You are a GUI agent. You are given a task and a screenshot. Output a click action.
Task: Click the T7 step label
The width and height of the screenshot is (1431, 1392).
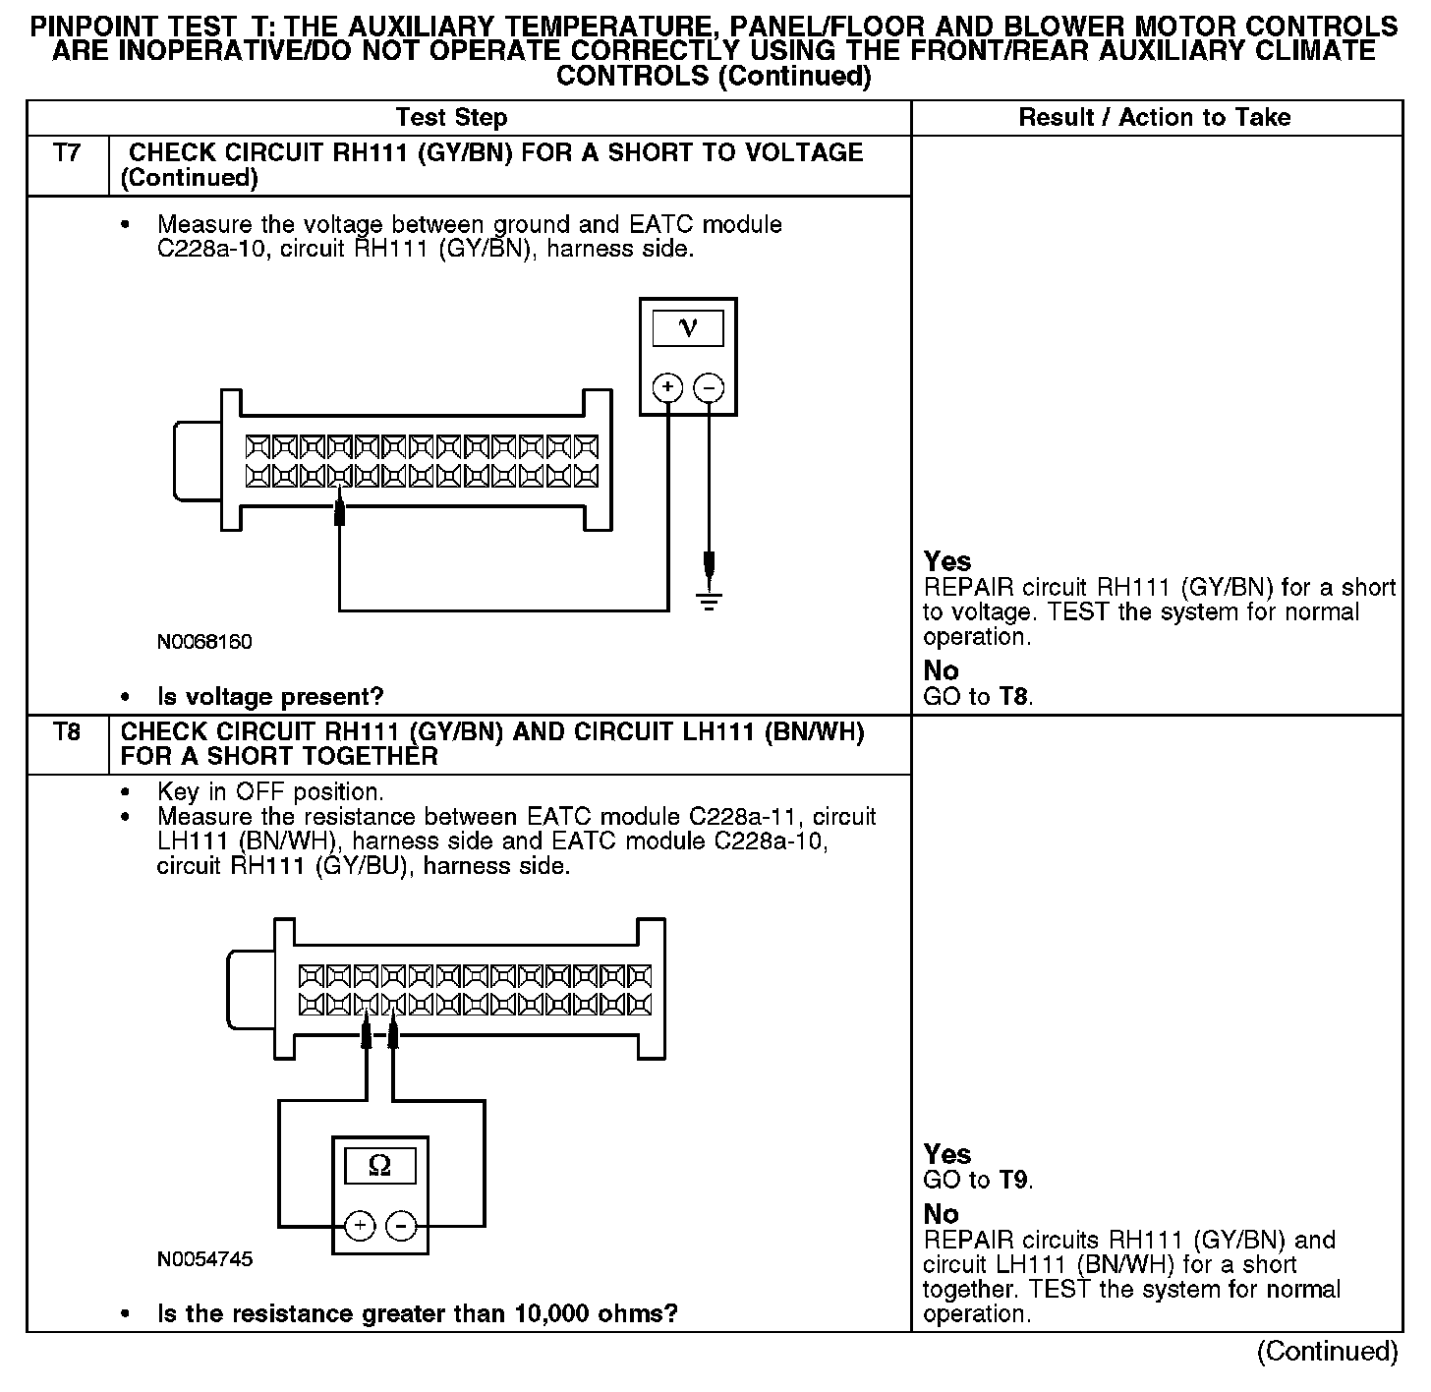(x=67, y=153)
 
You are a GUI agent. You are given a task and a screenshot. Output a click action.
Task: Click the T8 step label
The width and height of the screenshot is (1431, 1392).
(x=67, y=732)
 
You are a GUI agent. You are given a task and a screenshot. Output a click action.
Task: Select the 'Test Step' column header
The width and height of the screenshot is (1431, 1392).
(x=451, y=118)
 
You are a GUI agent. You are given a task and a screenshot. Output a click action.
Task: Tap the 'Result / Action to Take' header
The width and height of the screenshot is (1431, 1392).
(x=1155, y=118)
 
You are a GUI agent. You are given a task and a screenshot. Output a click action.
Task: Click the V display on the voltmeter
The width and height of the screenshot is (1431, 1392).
(x=688, y=328)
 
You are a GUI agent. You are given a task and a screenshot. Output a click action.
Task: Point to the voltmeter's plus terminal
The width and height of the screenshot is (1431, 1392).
(x=668, y=388)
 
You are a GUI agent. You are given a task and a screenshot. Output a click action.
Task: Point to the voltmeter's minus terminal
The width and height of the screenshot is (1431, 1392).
(x=709, y=388)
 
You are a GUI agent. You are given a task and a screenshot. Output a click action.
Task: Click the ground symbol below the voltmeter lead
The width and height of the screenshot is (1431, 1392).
(x=709, y=602)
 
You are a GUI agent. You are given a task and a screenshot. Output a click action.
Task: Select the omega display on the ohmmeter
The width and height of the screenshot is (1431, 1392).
(x=379, y=1167)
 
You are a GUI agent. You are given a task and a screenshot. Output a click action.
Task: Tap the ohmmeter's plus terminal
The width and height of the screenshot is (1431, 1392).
(x=360, y=1226)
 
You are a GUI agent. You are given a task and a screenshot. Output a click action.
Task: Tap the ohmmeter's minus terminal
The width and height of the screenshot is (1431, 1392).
(x=400, y=1226)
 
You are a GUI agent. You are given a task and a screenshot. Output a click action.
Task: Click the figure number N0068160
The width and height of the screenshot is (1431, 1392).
(x=204, y=642)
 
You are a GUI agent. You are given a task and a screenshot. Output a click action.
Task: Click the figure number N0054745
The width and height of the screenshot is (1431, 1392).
(x=204, y=1259)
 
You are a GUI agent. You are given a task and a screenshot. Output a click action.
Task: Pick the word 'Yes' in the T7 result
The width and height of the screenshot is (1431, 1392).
(x=947, y=561)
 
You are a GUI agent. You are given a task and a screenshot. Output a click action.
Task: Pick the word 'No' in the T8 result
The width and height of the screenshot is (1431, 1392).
(x=941, y=1213)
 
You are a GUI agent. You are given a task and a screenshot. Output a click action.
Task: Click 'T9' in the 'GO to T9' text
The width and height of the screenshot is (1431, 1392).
(x=1014, y=1180)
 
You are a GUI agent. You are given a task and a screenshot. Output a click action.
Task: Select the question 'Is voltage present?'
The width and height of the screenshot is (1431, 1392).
(x=270, y=697)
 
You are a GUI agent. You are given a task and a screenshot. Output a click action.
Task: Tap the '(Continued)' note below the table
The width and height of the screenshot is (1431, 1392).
(x=1327, y=1352)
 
